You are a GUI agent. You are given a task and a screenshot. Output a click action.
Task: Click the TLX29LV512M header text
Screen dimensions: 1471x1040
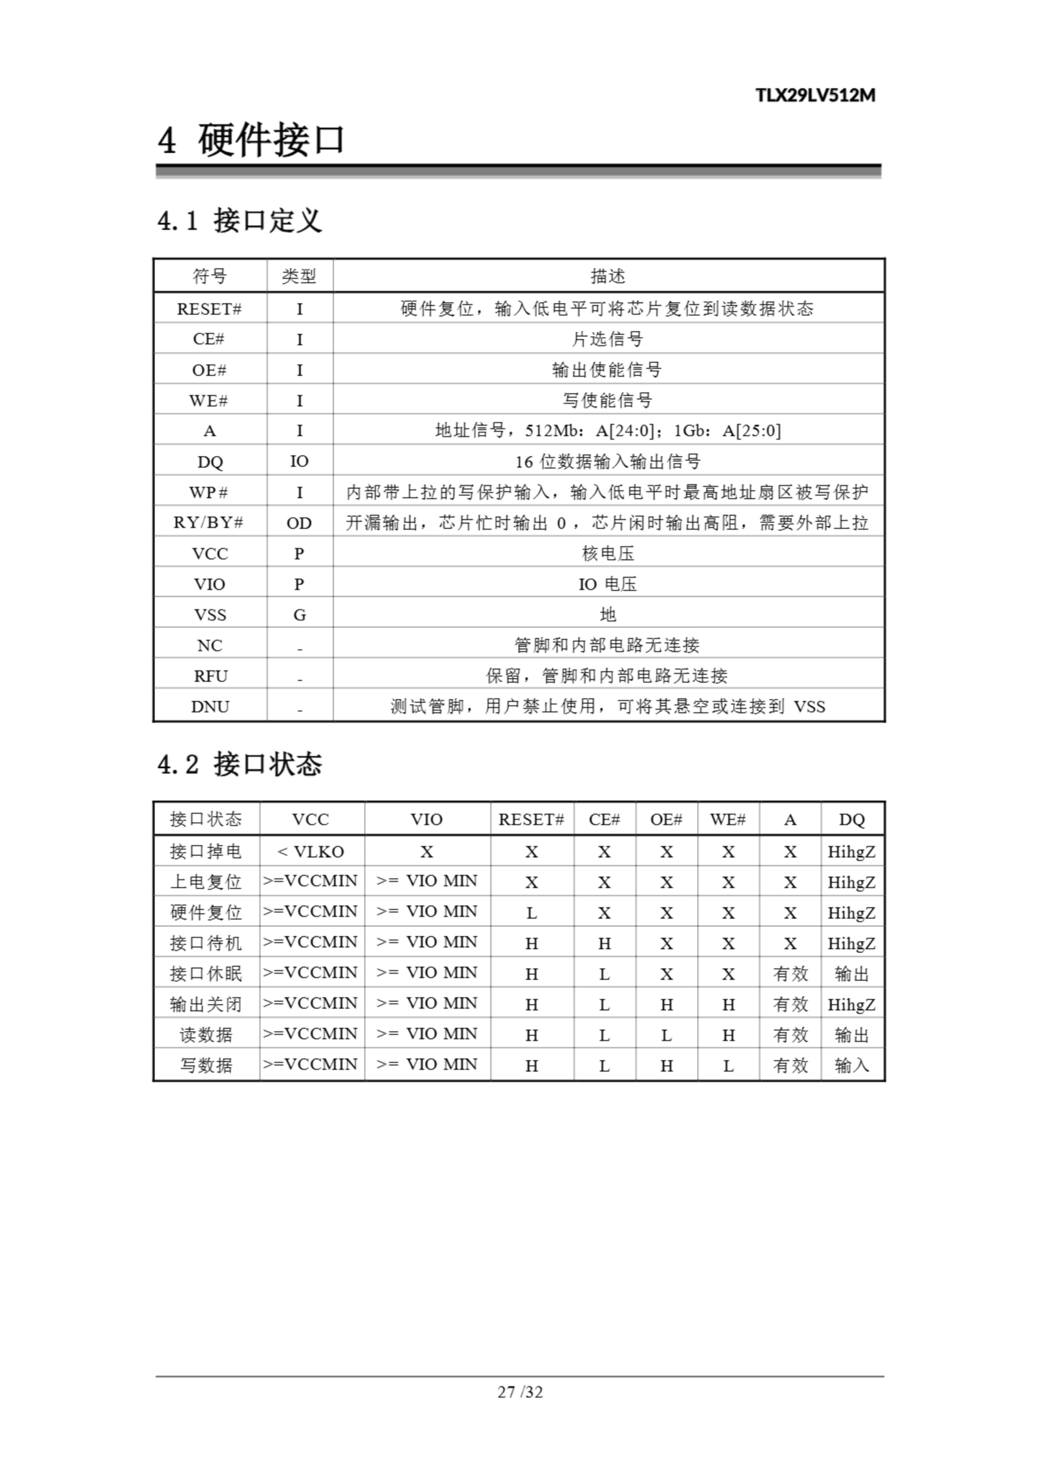point(815,95)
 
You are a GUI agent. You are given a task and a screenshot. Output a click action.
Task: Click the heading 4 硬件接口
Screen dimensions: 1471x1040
point(251,140)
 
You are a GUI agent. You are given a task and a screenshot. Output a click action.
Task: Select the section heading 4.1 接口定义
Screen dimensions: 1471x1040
point(240,221)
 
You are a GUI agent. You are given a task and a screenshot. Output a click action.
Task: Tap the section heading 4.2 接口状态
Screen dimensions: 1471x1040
point(240,764)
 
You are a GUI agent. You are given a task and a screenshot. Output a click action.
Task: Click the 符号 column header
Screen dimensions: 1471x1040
point(210,276)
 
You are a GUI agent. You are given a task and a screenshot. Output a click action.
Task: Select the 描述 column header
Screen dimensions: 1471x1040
point(607,276)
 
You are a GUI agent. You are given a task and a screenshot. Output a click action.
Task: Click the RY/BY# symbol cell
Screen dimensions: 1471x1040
point(209,523)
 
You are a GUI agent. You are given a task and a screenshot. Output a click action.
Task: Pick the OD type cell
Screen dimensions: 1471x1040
point(299,523)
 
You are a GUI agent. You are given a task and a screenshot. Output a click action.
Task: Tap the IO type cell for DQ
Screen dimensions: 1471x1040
point(299,461)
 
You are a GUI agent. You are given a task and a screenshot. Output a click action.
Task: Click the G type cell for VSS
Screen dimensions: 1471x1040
point(299,615)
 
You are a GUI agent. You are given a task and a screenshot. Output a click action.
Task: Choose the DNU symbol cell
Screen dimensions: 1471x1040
point(210,707)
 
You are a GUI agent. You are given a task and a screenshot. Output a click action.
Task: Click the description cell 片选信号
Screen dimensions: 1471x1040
point(607,339)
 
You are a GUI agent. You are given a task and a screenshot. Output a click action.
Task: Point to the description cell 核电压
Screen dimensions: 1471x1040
point(607,553)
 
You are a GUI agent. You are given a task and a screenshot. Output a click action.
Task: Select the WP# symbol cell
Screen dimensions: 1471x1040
point(209,492)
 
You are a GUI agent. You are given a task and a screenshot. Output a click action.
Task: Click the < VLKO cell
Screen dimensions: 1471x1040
point(311,852)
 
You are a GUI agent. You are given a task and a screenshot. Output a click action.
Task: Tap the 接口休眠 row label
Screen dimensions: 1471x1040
point(206,974)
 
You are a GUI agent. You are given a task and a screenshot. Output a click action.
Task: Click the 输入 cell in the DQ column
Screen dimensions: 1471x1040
point(852,1065)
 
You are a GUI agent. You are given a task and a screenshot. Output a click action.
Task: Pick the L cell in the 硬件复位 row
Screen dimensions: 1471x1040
point(531,913)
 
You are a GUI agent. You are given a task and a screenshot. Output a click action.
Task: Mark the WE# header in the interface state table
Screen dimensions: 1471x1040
point(728,819)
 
